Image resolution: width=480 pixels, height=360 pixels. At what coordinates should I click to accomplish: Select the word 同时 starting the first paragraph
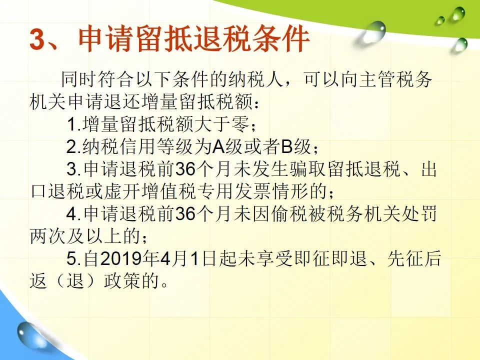79,79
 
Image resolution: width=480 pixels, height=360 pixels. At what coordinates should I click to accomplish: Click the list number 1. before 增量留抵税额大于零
74,124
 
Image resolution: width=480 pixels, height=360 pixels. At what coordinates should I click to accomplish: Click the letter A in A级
219,146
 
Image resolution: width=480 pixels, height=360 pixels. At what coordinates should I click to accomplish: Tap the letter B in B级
287,146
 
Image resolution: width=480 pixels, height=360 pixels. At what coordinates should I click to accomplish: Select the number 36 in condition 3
185,168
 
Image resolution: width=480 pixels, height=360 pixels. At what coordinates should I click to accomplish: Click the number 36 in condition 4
185,213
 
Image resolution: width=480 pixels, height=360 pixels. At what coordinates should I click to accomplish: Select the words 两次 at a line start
48,236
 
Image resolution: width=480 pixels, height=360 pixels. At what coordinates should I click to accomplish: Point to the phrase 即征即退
330,258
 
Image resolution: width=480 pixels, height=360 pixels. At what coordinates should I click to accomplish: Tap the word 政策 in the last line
122,280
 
